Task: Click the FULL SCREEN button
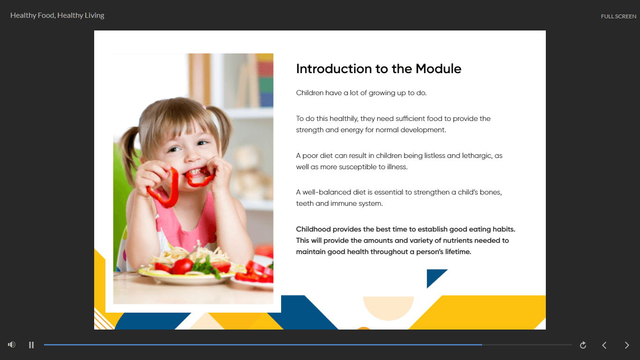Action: tap(618, 16)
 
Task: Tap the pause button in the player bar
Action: tap(31, 345)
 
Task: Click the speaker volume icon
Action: tap(12, 345)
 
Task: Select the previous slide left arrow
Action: tap(604, 345)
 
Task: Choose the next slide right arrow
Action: tap(627, 345)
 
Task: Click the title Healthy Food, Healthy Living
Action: tap(57, 15)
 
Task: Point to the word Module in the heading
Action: tap(438, 69)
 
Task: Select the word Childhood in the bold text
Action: tap(313, 229)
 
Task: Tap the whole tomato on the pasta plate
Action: tap(182, 266)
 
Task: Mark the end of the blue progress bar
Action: tap(482, 345)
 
